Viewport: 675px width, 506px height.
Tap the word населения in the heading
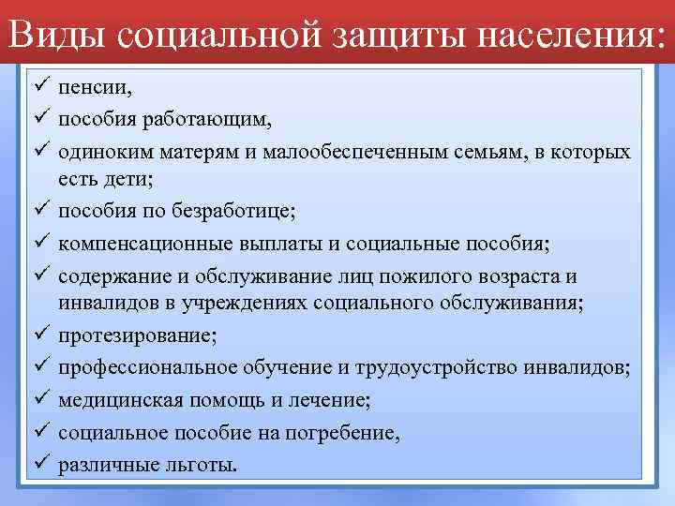click(x=561, y=35)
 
